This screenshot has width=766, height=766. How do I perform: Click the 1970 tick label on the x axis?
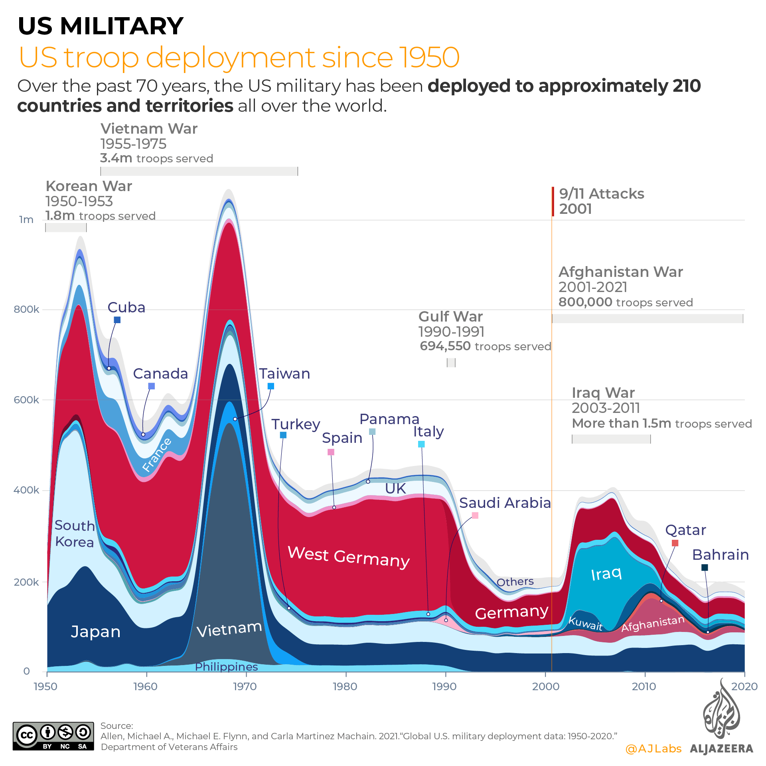click(x=245, y=686)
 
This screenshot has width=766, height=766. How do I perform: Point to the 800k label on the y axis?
click(x=26, y=309)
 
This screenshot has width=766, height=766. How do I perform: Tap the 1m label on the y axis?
click(x=26, y=219)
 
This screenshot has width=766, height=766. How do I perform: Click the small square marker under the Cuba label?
click(x=117, y=320)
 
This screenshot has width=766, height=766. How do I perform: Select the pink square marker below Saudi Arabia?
click(x=475, y=515)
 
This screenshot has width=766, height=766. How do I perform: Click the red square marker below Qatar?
click(x=675, y=543)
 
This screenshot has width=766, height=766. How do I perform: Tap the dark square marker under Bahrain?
click(x=705, y=567)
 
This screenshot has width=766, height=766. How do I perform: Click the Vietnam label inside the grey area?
click(x=229, y=629)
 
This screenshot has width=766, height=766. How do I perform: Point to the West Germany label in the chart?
click(x=348, y=557)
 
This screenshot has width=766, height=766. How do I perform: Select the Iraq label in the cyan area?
click(x=606, y=574)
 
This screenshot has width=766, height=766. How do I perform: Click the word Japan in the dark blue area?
click(x=95, y=632)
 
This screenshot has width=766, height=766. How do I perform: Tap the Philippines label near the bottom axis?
click(x=226, y=667)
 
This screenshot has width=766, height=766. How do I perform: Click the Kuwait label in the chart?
click(x=585, y=623)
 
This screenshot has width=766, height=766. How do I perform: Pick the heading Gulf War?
click(x=450, y=316)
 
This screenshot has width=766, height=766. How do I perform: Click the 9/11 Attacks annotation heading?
click(x=601, y=193)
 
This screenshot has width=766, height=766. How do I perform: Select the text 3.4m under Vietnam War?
click(x=116, y=158)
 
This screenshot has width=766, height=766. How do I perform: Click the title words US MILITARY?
click(x=101, y=26)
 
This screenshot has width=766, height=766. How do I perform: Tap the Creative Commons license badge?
click(x=53, y=736)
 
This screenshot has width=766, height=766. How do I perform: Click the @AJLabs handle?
click(x=653, y=748)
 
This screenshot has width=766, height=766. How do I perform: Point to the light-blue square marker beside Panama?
click(x=372, y=431)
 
